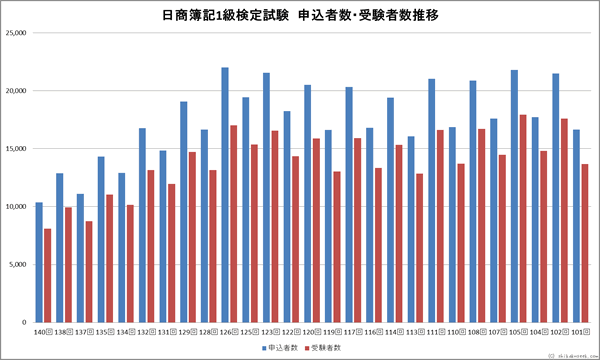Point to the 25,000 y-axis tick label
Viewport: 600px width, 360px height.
[x=16, y=33]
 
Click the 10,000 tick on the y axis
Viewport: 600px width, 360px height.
[x=16, y=207]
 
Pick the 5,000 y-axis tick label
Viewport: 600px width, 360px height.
[x=18, y=265]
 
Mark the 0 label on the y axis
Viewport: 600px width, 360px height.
[x=25, y=323]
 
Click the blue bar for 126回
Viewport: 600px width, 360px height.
[x=225, y=195]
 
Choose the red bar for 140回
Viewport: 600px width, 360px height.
[x=47, y=275]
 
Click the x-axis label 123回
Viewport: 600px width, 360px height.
[x=267, y=331]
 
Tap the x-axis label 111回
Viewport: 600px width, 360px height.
[x=432, y=331]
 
